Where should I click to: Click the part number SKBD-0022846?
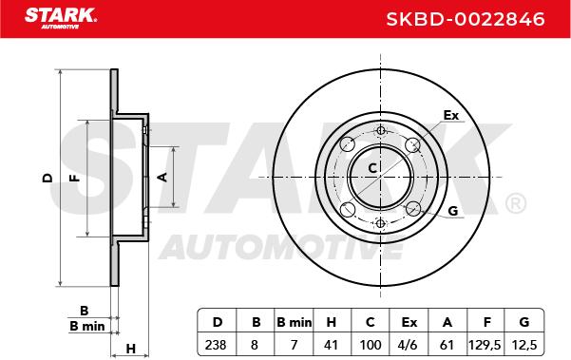(465, 19)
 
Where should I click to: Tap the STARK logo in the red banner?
(61, 18)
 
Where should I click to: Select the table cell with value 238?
(216, 345)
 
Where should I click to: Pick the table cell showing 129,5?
(485, 345)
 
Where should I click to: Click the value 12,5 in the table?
(524, 345)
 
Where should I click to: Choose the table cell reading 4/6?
(409, 345)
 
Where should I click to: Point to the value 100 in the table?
(371, 345)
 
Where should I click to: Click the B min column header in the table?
(294, 322)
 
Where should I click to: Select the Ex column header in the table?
(409, 322)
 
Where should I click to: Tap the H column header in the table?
(331, 322)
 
